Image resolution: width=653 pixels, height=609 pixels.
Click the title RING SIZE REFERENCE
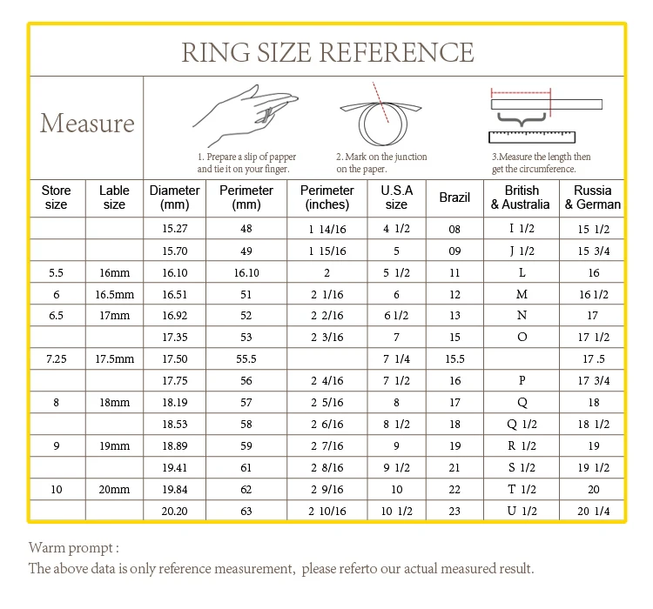tap(327, 52)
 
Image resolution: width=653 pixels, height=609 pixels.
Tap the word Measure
tap(87, 123)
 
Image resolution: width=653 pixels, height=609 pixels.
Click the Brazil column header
tap(454, 197)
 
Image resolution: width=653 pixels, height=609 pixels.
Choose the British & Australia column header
tap(522, 197)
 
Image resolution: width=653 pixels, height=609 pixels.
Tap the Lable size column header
tap(114, 197)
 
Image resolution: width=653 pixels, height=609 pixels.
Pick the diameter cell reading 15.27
tap(175, 230)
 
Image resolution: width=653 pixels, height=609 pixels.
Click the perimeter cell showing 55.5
tap(246, 358)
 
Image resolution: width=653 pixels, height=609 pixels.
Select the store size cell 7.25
tap(56, 358)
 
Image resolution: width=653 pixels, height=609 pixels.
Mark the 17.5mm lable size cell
tap(114, 358)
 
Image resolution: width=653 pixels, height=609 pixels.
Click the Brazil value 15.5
tap(454, 358)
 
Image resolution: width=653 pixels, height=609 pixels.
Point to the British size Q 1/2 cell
tap(522, 424)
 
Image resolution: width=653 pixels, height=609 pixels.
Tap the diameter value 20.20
tap(175, 511)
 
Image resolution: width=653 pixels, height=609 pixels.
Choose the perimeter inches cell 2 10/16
tap(326, 511)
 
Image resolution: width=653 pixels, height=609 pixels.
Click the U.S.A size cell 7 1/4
tap(396, 358)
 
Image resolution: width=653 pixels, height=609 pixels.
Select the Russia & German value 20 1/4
tap(593, 511)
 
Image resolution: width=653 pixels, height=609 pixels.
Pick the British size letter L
tap(522, 272)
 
